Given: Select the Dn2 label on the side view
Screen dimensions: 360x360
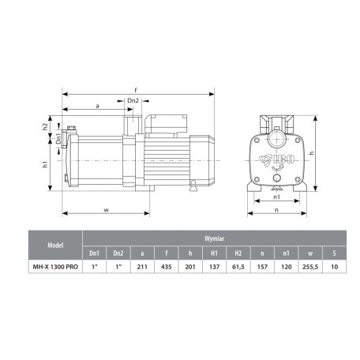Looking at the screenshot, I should [133, 101].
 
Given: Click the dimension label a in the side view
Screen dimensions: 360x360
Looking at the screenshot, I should [96, 104].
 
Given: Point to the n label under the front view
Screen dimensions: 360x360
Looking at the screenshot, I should [276, 211].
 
